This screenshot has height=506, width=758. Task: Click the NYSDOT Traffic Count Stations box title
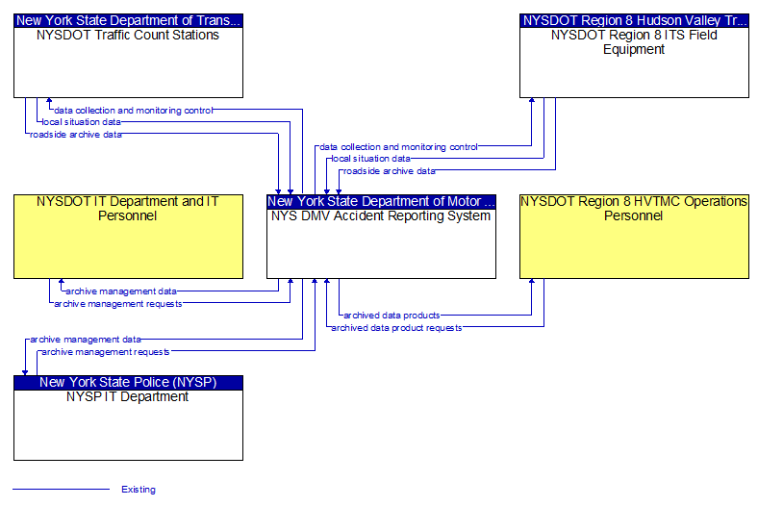point(128,36)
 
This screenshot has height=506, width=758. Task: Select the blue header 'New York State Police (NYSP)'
point(128,382)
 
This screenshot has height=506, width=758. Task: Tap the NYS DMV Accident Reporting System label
point(381,216)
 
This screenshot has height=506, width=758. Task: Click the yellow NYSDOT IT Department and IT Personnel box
point(128,237)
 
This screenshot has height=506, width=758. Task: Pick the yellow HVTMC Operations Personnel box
point(634,237)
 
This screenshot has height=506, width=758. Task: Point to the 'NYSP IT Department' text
point(128,396)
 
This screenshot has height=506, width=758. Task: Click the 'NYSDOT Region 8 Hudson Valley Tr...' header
point(634,20)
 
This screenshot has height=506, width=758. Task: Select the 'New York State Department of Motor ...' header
point(381,201)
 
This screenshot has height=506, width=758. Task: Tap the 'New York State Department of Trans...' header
point(128,20)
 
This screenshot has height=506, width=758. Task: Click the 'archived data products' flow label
point(392,316)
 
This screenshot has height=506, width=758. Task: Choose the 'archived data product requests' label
point(396,328)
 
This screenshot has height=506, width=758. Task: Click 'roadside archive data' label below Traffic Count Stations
point(76,135)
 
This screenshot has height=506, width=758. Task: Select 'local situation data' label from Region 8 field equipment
point(370,159)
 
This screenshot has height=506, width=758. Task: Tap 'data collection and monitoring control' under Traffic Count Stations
point(134,111)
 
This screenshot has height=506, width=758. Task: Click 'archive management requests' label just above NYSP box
point(106,352)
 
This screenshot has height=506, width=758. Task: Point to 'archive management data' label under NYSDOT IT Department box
point(121,291)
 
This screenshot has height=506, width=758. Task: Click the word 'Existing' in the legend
point(139,490)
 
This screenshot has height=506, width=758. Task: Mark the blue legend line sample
point(61,489)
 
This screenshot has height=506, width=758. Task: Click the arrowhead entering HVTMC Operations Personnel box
point(532,281)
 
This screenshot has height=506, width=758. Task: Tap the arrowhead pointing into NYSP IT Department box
point(25,373)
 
